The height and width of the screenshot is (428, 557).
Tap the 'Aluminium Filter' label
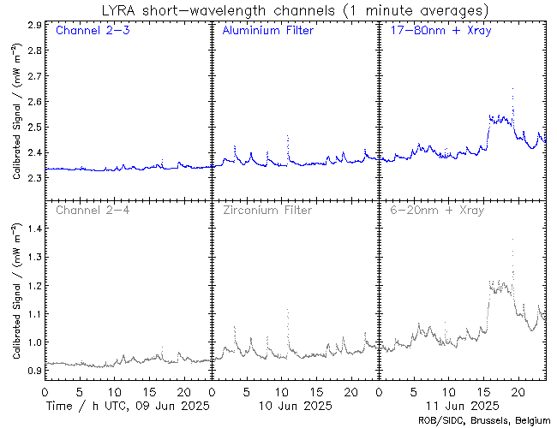pos(267,31)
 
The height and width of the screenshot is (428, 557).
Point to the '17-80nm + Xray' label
pos(437,31)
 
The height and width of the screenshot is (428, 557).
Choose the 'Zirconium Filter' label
pos(267,210)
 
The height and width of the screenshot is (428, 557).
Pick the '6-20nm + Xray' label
pos(434,210)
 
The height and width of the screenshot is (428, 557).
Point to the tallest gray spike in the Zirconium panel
pos(287,311)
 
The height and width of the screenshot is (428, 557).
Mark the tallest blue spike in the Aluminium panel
pos(287,137)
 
